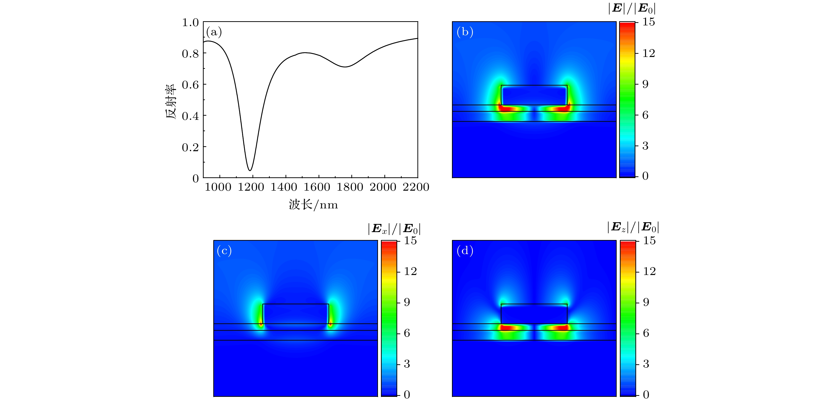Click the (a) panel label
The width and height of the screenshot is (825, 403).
point(214,32)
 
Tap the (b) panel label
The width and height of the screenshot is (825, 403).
point(465,32)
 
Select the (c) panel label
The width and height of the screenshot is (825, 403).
point(224,251)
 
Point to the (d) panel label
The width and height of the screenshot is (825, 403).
point(465,251)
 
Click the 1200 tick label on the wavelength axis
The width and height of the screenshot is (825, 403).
point(251,187)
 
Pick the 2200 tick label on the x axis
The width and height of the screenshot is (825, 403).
point(416,187)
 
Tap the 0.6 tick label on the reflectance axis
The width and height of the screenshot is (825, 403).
point(190,85)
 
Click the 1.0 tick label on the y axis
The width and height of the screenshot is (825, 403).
point(190,23)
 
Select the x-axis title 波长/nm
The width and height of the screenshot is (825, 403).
point(313,205)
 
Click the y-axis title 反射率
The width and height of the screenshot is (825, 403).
point(171,101)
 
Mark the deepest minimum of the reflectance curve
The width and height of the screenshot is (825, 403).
point(250,170)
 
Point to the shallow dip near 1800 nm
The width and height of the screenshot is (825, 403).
point(345,67)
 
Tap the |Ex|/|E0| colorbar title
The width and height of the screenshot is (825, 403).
point(394,229)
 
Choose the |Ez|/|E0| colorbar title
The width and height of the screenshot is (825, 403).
point(633,227)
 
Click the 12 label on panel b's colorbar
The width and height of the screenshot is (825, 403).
point(649,53)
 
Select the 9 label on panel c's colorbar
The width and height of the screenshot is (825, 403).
point(407,302)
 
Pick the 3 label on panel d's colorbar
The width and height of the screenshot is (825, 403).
point(646,364)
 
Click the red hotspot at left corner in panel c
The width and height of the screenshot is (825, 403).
point(261,324)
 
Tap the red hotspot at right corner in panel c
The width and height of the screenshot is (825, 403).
point(330,324)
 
